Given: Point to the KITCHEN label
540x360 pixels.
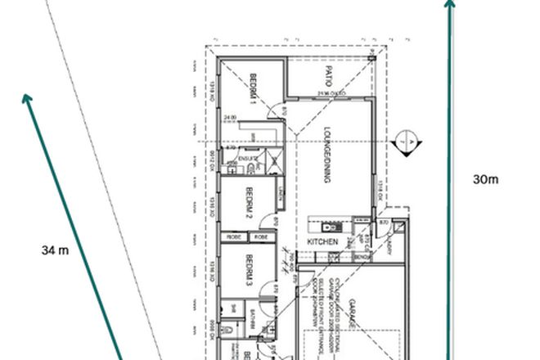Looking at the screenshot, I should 322,243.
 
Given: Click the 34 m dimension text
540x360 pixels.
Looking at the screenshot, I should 52,250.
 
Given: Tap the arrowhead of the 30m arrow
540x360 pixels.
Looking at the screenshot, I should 450,4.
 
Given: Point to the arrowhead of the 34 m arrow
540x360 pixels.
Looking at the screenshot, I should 27,99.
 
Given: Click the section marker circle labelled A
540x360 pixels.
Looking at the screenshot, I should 405,142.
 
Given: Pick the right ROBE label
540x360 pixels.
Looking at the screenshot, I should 260,237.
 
